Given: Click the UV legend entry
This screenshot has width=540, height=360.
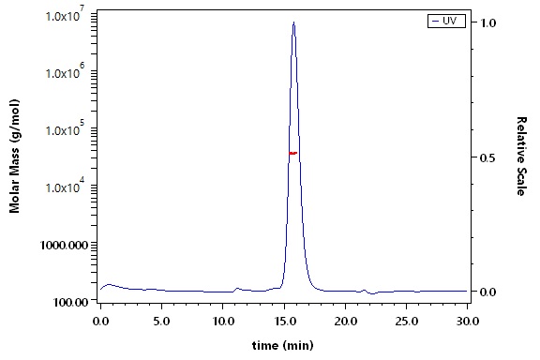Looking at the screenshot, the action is (x=446, y=21).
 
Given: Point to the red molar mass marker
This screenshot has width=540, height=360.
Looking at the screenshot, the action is (x=293, y=153).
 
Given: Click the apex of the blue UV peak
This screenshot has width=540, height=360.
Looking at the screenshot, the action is (x=293, y=22).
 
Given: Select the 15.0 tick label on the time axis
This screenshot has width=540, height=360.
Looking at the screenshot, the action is (x=284, y=322).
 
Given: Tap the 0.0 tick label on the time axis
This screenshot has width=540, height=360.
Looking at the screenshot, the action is (x=101, y=322).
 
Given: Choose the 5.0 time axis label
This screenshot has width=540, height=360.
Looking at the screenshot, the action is (x=162, y=322).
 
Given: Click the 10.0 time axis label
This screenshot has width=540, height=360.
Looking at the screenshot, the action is (x=223, y=322).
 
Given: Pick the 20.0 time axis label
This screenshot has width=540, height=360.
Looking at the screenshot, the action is (x=345, y=322).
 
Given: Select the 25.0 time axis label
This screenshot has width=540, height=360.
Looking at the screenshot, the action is (x=406, y=322).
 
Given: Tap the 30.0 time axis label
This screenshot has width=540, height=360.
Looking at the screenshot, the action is (x=467, y=322).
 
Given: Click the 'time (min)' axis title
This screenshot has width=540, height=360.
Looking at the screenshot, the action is (x=283, y=345).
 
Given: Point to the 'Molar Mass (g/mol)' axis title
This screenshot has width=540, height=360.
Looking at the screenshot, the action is (x=14, y=156).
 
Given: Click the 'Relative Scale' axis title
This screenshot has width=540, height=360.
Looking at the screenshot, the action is (x=522, y=156).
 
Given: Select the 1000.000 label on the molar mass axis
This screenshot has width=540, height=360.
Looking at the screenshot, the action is (x=65, y=246).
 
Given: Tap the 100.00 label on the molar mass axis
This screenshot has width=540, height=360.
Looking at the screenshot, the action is (x=71, y=303).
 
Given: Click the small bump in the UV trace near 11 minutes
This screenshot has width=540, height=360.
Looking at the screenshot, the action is (x=237, y=289).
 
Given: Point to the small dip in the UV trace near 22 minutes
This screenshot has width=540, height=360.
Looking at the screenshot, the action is (x=372, y=293).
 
